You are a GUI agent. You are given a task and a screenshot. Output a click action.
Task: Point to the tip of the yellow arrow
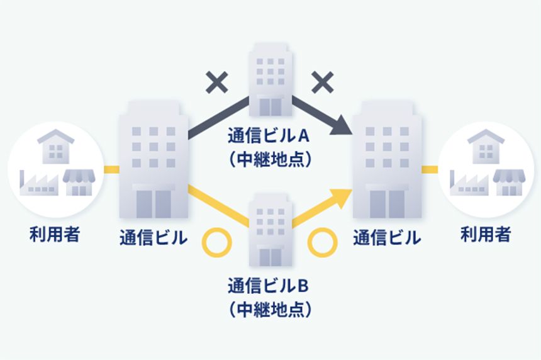pos(352,189)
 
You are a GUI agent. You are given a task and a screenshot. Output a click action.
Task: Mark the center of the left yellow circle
pos(216,244)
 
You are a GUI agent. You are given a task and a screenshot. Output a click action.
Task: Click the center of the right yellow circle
pos(322,244)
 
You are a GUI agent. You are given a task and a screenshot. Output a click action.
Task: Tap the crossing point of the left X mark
pos(216,82)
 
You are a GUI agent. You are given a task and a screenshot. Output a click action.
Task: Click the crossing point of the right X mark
pos(322,82)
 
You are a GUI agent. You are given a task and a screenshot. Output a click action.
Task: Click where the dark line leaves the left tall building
pos(189,135)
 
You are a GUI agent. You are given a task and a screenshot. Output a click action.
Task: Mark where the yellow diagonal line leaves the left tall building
pos(189,188)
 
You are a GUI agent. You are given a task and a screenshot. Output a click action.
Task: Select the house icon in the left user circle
pos(55,147)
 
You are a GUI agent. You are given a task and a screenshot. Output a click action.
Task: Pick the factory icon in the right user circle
pos(469,183)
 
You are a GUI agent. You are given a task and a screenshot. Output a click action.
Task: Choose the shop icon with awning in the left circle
pos(79,183)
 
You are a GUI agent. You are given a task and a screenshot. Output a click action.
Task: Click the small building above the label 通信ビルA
pos(270,79)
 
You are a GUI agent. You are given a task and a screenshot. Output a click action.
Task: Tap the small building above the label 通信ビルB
pos(270,230)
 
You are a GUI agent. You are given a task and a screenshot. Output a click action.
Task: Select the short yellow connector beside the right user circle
pos(430,169)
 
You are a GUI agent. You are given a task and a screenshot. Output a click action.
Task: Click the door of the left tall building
pos(153,205)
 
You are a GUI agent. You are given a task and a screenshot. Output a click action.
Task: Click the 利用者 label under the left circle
pos(55,234)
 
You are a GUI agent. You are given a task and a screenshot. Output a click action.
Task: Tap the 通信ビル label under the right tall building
pos(387,238)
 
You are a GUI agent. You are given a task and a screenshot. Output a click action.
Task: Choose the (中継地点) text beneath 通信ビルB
pos(270,309)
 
